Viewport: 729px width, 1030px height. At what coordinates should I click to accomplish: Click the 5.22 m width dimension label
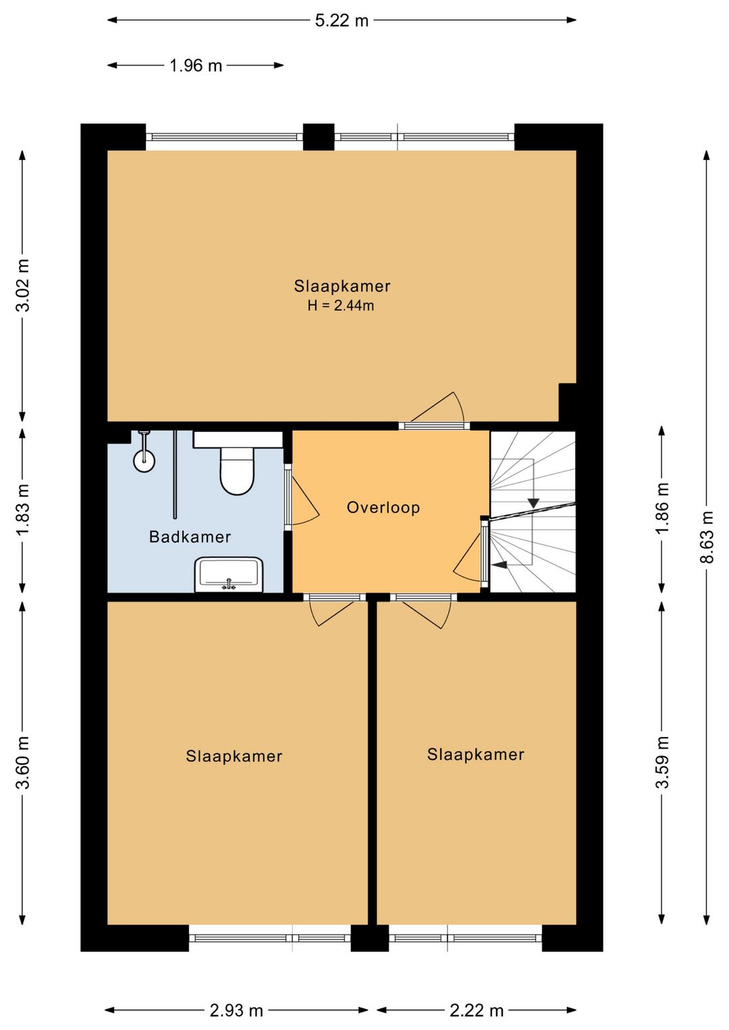click(x=342, y=21)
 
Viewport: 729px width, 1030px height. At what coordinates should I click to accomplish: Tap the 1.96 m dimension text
click(x=196, y=65)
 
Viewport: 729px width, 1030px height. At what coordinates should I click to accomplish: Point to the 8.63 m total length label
click(x=706, y=537)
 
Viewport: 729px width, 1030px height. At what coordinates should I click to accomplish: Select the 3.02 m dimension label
click(x=22, y=285)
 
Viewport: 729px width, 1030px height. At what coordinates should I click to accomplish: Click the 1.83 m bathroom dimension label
click(x=22, y=510)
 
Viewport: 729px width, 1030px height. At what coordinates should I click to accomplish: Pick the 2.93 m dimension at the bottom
click(x=236, y=1010)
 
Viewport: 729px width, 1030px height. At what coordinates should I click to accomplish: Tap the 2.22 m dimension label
click(x=477, y=1010)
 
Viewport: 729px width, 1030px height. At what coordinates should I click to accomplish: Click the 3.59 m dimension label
click(x=662, y=763)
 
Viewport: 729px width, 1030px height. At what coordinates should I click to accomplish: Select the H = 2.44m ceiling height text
click(x=341, y=305)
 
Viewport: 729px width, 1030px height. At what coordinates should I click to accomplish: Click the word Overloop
click(x=383, y=507)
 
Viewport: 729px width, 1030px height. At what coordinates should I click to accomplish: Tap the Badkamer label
click(x=190, y=537)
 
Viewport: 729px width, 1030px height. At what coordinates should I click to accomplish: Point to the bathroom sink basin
click(x=229, y=575)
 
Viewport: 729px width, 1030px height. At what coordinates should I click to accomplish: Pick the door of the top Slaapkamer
click(x=437, y=408)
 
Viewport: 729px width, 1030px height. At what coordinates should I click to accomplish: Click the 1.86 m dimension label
click(x=662, y=509)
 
